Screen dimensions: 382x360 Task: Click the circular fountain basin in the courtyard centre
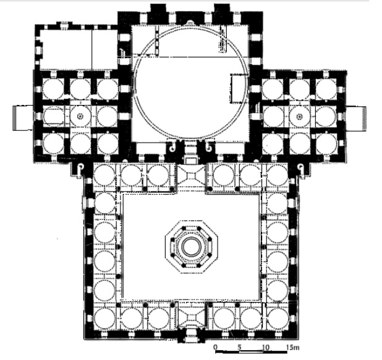point(192,247)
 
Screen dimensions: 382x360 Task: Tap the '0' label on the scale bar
point(215,347)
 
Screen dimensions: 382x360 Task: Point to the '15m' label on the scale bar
point(293,347)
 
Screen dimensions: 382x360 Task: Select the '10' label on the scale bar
point(266,347)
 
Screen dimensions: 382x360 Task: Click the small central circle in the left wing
point(80,116)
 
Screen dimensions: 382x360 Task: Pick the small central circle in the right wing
point(299,117)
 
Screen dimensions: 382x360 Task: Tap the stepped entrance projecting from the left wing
point(23,118)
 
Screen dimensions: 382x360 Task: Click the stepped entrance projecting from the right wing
point(356,119)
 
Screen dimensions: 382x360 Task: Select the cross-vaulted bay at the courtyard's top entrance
point(191,176)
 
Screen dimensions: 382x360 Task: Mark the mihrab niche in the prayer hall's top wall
point(190,23)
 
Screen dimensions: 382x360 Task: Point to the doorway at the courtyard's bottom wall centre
point(192,338)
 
